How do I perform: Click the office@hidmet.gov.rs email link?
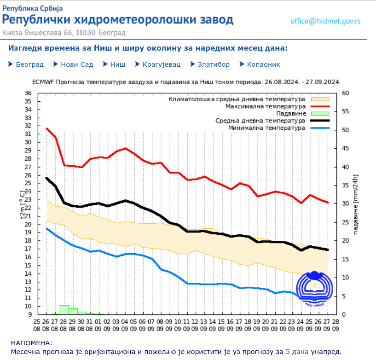(x=325, y=21)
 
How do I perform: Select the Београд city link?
(x=29, y=64)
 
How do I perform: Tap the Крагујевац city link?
(x=161, y=64)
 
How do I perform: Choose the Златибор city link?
(x=214, y=64)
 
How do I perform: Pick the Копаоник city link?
(x=263, y=64)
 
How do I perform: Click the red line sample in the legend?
(x=320, y=106)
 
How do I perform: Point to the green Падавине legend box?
(x=320, y=113)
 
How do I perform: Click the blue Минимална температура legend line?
(x=320, y=128)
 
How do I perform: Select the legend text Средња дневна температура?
(x=260, y=121)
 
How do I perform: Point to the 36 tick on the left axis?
(x=28, y=93)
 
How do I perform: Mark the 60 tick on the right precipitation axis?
(x=346, y=93)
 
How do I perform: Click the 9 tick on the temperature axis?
(x=29, y=314)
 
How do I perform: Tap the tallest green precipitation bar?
(x=64, y=309)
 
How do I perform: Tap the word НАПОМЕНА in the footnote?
(x=31, y=343)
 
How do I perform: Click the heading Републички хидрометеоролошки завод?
(x=118, y=20)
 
